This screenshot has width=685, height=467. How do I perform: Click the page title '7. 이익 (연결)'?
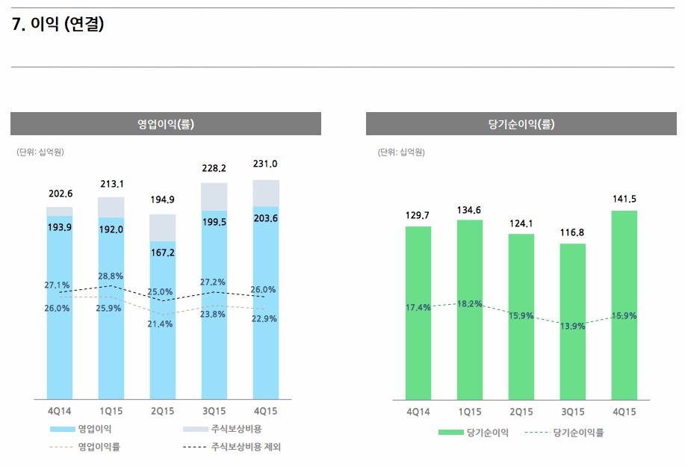point(58,25)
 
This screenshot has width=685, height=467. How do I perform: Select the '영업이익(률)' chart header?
point(166,124)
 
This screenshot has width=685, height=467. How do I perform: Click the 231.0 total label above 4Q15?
point(265,164)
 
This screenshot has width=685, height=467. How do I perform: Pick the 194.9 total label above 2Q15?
point(162,200)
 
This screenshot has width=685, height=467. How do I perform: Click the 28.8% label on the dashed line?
point(111,276)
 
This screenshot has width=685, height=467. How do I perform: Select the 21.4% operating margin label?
point(161,324)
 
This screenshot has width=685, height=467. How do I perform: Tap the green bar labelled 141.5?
point(624,306)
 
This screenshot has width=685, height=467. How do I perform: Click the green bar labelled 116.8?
point(573,321)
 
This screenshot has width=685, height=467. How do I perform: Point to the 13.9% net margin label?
point(573,327)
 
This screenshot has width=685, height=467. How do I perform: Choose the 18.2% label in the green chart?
point(470,303)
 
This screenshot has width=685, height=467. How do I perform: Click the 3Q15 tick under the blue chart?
point(214,412)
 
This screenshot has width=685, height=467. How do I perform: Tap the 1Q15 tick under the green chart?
point(470,412)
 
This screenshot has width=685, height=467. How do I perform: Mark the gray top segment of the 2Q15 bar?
point(162,227)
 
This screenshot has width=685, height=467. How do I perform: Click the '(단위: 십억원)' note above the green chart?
point(402,152)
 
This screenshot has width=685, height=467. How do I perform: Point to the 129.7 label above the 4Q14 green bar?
point(418,215)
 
